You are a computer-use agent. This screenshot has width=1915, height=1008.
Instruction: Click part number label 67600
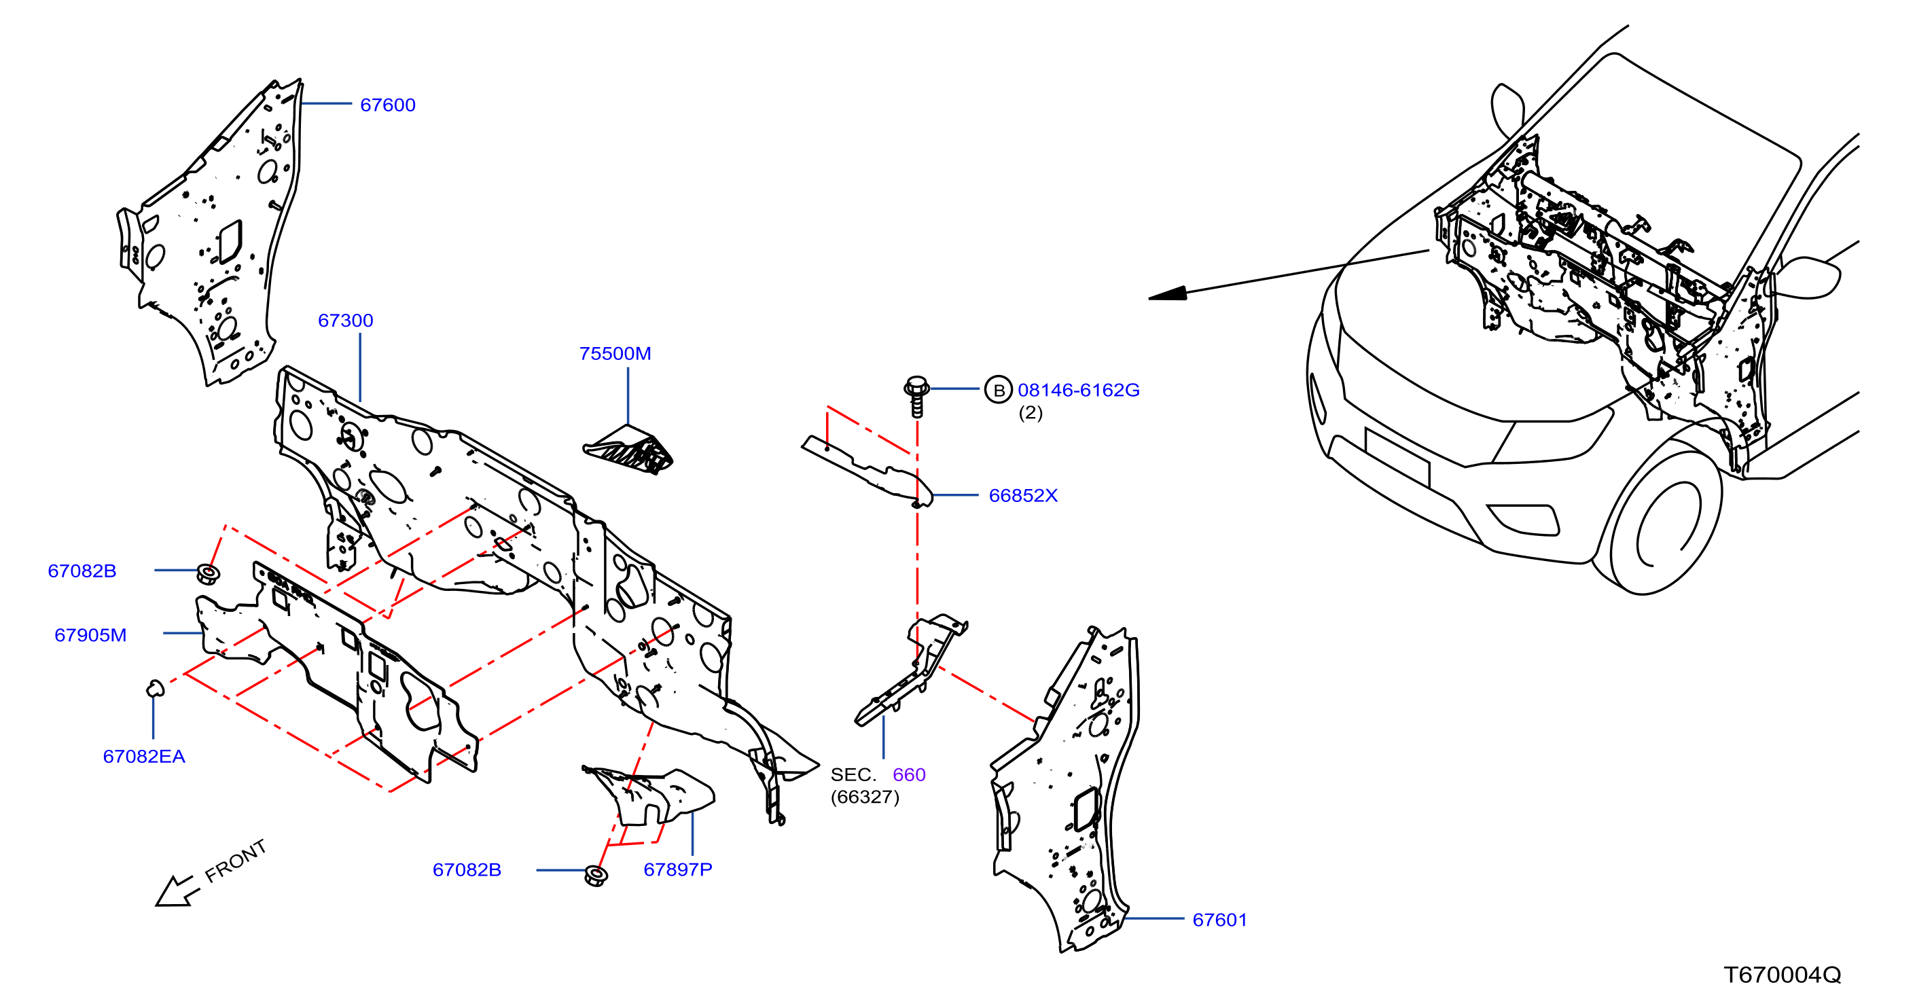[x=387, y=105]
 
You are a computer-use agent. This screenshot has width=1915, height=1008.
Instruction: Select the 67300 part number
[x=346, y=321]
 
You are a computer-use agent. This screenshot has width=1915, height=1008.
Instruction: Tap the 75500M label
[x=615, y=353]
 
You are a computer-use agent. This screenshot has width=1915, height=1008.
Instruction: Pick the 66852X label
[x=1023, y=495]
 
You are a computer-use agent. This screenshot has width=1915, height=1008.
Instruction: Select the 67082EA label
[x=143, y=756]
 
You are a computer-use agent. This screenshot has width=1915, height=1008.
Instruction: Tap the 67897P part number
[x=677, y=869]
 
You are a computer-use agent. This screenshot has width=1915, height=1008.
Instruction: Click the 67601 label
[x=1219, y=920]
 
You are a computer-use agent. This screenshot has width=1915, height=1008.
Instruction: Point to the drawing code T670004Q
[x=1782, y=975]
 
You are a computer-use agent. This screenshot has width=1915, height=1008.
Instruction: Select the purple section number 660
[x=908, y=774]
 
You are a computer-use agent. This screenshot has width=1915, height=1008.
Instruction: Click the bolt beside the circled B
[x=916, y=396]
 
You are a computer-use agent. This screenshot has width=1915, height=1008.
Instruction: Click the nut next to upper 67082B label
[x=207, y=573]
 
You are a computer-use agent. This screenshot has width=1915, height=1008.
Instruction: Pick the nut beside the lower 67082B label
[x=596, y=875]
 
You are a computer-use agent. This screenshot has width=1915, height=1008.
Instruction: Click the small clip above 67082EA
[x=155, y=687]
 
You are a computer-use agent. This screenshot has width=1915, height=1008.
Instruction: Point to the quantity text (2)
[x=1031, y=412]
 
